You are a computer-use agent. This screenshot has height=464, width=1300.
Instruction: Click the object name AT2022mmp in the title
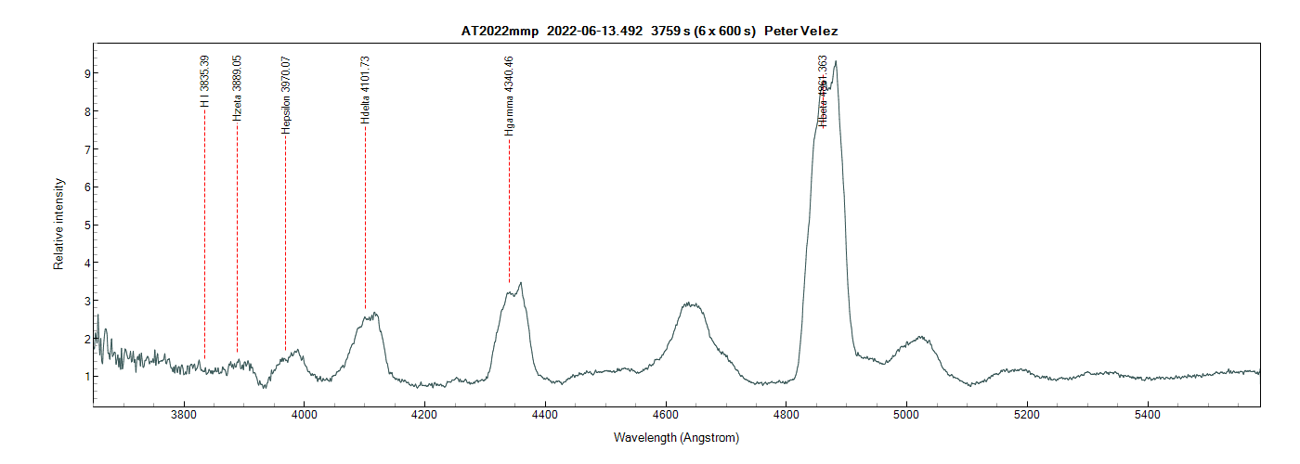tap(500, 32)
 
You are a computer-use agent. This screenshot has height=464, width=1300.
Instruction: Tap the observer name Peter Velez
tap(801, 32)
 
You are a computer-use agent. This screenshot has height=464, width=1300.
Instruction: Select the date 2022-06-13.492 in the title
tap(594, 32)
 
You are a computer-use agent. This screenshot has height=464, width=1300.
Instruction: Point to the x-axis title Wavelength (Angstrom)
tap(676, 437)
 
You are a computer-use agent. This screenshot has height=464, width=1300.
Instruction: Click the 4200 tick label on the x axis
tap(424, 414)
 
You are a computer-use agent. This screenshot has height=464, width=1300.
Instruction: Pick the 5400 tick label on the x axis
tap(1148, 414)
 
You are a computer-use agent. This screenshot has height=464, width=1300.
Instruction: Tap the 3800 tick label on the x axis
tap(184, 414)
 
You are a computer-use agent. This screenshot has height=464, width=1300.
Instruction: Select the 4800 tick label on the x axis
tap(786, 414)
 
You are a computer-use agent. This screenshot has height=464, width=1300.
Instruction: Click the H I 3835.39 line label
tap(205, 82)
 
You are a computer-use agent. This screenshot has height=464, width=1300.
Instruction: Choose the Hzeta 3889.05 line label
tap(238, 88)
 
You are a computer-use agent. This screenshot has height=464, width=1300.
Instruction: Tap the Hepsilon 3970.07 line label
tap(286, 95)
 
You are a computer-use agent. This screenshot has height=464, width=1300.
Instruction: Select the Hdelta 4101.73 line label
tap(365, 90)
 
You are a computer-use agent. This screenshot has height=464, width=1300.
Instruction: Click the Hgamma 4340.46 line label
tap(509, 97)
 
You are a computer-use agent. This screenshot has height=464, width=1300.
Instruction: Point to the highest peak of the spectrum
tap(836, 62)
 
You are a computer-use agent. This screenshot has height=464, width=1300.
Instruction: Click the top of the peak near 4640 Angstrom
tap(687, 303)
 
